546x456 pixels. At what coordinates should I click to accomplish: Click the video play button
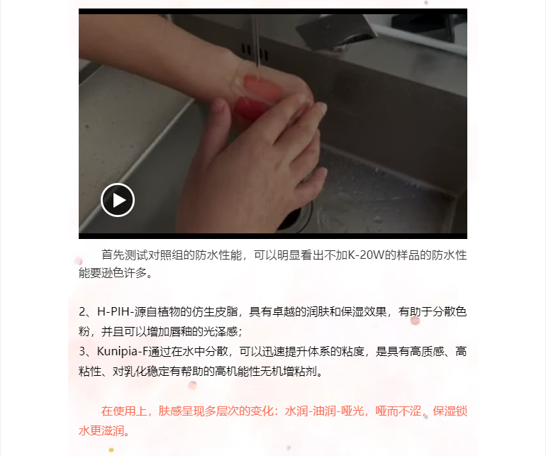pos(118,200)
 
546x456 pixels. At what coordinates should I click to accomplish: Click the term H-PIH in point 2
pos(113,311)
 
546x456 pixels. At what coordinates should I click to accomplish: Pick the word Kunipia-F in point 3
pos(123,351)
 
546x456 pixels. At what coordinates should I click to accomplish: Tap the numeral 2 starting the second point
pos(82,311)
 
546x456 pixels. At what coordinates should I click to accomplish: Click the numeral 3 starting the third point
pos(82,351)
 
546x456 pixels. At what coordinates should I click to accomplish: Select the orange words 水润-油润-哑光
pos(324,411)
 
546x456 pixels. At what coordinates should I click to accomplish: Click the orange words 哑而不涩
pos(398,411)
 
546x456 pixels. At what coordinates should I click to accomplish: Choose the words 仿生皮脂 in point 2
pos(214,311)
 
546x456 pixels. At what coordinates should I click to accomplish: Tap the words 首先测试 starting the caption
pos(124,255)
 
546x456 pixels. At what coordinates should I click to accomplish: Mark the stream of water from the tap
pos(257,42)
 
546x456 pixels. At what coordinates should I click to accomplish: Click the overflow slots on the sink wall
pos(255,52)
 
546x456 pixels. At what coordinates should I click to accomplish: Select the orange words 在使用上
pos(124,411)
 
